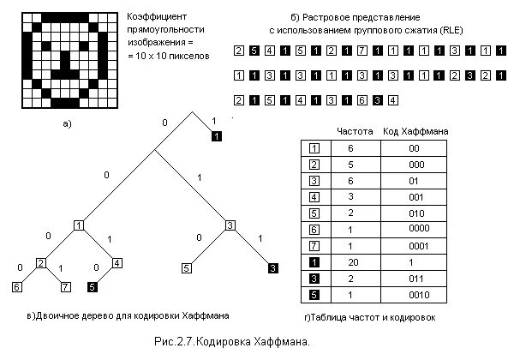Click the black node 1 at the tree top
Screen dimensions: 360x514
(x=217, y=136)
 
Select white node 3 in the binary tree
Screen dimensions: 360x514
(x=230, y=225)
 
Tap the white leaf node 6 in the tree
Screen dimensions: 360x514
(x=17, y=286)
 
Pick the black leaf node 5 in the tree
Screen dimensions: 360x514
(x=92, y=286)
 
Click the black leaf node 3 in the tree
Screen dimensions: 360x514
(x=272, y=268)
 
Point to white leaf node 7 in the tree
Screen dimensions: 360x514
(x=65, y=286)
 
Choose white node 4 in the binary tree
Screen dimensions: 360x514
(x=117, y=262)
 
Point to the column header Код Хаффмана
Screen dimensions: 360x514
(x=415, y=132)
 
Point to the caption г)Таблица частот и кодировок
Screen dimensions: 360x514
(x=369, y=316)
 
